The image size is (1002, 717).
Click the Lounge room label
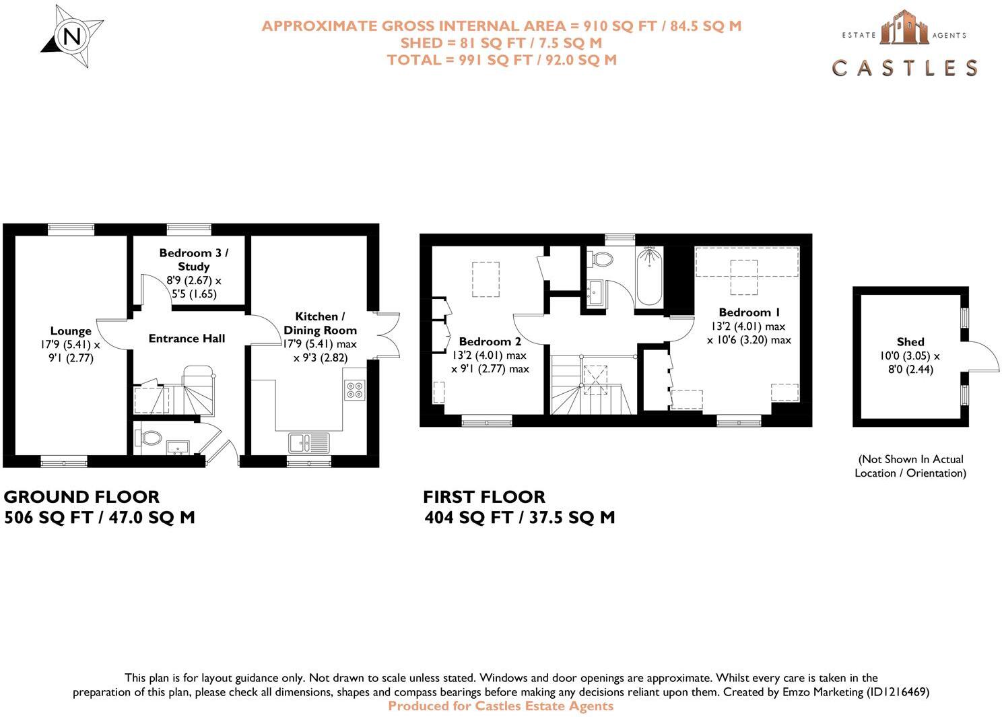coord(71,331)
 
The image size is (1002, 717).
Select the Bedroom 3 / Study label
coord(194,259)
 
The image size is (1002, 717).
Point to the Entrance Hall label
coord(187,339)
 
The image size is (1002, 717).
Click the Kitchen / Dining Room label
coord(320,323)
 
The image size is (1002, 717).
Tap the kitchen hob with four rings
coord(354,390)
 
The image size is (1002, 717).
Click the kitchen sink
coord(309,442)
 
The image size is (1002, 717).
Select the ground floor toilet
coord(149,438)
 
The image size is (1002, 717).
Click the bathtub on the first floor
coord(649,276)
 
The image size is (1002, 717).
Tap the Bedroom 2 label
coord(490,341)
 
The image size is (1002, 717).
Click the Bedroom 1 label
coord(749,312)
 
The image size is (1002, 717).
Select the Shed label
coord(910,342)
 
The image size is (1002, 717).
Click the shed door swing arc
coord(982,355)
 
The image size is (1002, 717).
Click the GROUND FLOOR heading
coord(81,497)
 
